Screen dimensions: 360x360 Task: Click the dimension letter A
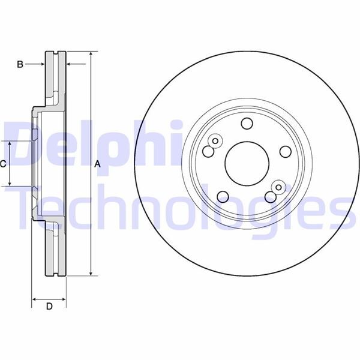pyautogui.click(x=97, y=164)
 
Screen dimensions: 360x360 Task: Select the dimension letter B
pyautogui.click(x=20, y=64)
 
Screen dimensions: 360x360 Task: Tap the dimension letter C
pyautogui.click(x=4, y=164)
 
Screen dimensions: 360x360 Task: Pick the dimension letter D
pyautogui.click(x=50, y=307)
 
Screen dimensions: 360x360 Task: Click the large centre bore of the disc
pyautogui.click(x=246, y=161)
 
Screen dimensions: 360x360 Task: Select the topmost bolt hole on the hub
pyautogui.click(x=246, y=124)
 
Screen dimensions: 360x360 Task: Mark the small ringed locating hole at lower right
pyautogui.click(x=278, y=187)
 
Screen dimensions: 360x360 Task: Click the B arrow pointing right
pyautogui.click(x=43, y=64)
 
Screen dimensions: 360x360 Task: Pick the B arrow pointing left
pyautogui.click(x=70, y=64)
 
